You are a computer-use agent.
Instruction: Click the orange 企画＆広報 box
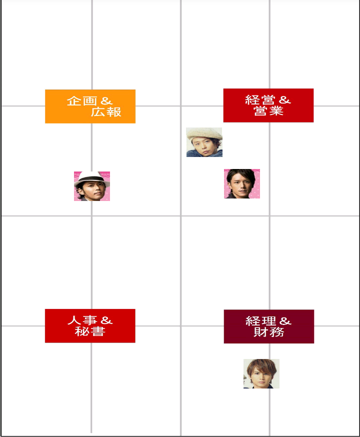90,106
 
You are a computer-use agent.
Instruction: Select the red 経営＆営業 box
268,105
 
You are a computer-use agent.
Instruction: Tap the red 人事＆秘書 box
90,326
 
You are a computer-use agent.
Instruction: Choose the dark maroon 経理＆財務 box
269,326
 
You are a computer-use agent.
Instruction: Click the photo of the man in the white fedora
92,186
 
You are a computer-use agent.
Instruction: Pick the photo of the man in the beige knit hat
204,142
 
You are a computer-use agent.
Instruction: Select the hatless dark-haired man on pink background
242,183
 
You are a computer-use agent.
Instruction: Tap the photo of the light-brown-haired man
261,373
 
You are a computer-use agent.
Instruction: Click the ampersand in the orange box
106,101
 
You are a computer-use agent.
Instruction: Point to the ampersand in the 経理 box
285,321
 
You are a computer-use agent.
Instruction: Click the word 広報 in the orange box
106,112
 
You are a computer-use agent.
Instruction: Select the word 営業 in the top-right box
268,110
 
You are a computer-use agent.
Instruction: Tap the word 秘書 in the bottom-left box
90,331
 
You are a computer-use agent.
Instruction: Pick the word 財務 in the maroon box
269,331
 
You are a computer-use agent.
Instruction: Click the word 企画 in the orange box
82,101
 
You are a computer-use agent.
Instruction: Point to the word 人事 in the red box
82,320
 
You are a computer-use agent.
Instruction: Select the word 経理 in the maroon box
261,321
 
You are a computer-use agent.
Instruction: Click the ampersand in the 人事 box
106,320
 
